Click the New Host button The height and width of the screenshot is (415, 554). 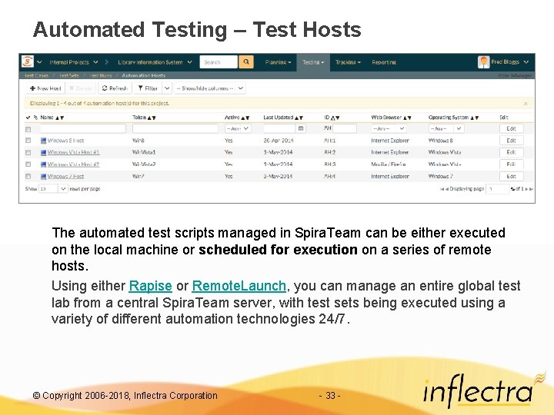pos(47,88)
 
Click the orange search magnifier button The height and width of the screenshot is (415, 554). pos(246,62)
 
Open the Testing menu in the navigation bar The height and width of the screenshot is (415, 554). pos(312,62)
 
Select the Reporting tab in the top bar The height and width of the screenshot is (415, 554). pos(384,62)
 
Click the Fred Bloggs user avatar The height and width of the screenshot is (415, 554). pos(483,62)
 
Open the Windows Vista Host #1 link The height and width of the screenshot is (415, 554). pos(73,152)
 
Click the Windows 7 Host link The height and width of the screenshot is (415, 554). pos(66,176)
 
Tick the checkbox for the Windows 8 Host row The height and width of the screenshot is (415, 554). pos(28,141)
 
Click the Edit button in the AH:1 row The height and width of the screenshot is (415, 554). pos(511,141)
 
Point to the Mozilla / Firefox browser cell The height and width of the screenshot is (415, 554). pos(389,164)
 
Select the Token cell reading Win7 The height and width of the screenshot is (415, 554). pos(138,176)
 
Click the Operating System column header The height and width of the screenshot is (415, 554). pos(449,118)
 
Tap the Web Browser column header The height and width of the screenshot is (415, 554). pos(389,118)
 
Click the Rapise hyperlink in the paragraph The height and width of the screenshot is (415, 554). pos(150,286)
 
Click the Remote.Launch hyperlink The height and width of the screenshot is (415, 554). pos(239,286)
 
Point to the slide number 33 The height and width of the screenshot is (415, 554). pos(329,396)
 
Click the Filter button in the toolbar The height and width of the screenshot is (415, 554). pos(149,88)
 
